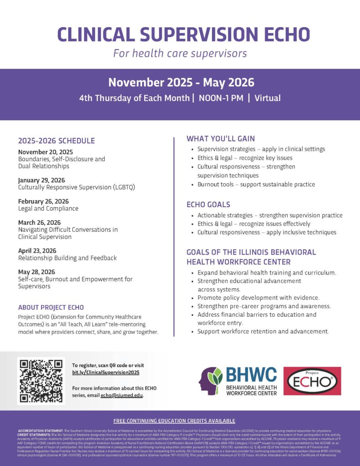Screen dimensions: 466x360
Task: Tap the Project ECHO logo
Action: point(312,381)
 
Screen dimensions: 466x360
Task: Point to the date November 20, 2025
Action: point(46,152)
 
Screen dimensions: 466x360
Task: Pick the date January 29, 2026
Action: point(44,180)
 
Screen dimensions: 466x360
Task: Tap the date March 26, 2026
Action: point(40,223)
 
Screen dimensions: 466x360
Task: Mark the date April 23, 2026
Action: point(37,251)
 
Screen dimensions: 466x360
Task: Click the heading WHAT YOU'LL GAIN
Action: point(221,139)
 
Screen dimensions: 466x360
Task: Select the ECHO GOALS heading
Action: point(208,204)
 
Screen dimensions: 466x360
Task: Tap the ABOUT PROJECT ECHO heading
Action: point(51,307)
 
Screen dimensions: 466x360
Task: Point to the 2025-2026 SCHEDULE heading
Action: point(56,141)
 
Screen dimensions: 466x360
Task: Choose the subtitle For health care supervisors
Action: point(180,53)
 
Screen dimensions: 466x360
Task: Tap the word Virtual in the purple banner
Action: point(268,98)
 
